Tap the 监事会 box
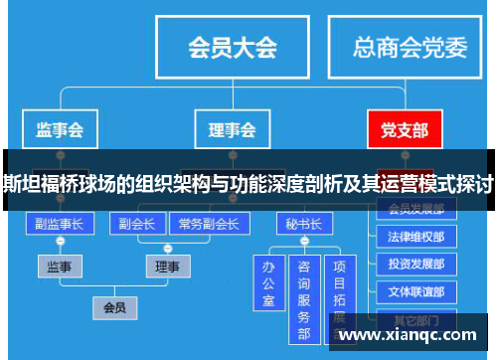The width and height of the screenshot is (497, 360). (60, 129)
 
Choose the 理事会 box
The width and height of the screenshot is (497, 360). (232, 129)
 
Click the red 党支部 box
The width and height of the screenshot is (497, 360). (405, 129)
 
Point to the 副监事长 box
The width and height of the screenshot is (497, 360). (60, 225)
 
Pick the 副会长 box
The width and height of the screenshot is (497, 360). (135, 225)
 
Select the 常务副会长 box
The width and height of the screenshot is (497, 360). (209, 225)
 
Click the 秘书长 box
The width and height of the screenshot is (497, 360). (303, 225)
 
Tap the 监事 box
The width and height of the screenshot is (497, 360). (61, 267)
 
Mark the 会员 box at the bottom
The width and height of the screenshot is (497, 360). (113, 308)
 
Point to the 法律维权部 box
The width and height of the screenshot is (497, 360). (416, 238)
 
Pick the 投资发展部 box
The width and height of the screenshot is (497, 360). (416, 266)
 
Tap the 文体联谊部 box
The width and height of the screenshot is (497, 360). (416, 293)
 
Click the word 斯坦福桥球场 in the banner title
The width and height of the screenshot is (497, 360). (50, 185)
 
